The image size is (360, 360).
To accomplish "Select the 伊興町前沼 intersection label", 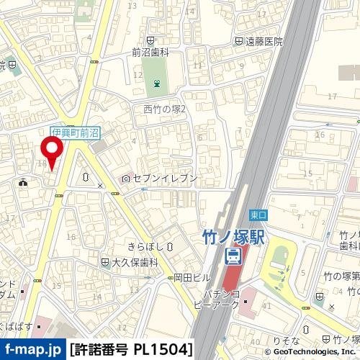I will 76,133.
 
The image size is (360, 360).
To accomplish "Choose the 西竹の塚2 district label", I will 165,109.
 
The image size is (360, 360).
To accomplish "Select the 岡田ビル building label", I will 192,277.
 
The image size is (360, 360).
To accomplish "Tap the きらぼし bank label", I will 146,246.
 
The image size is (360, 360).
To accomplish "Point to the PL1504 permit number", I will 162,350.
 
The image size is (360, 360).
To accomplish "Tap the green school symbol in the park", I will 156,84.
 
